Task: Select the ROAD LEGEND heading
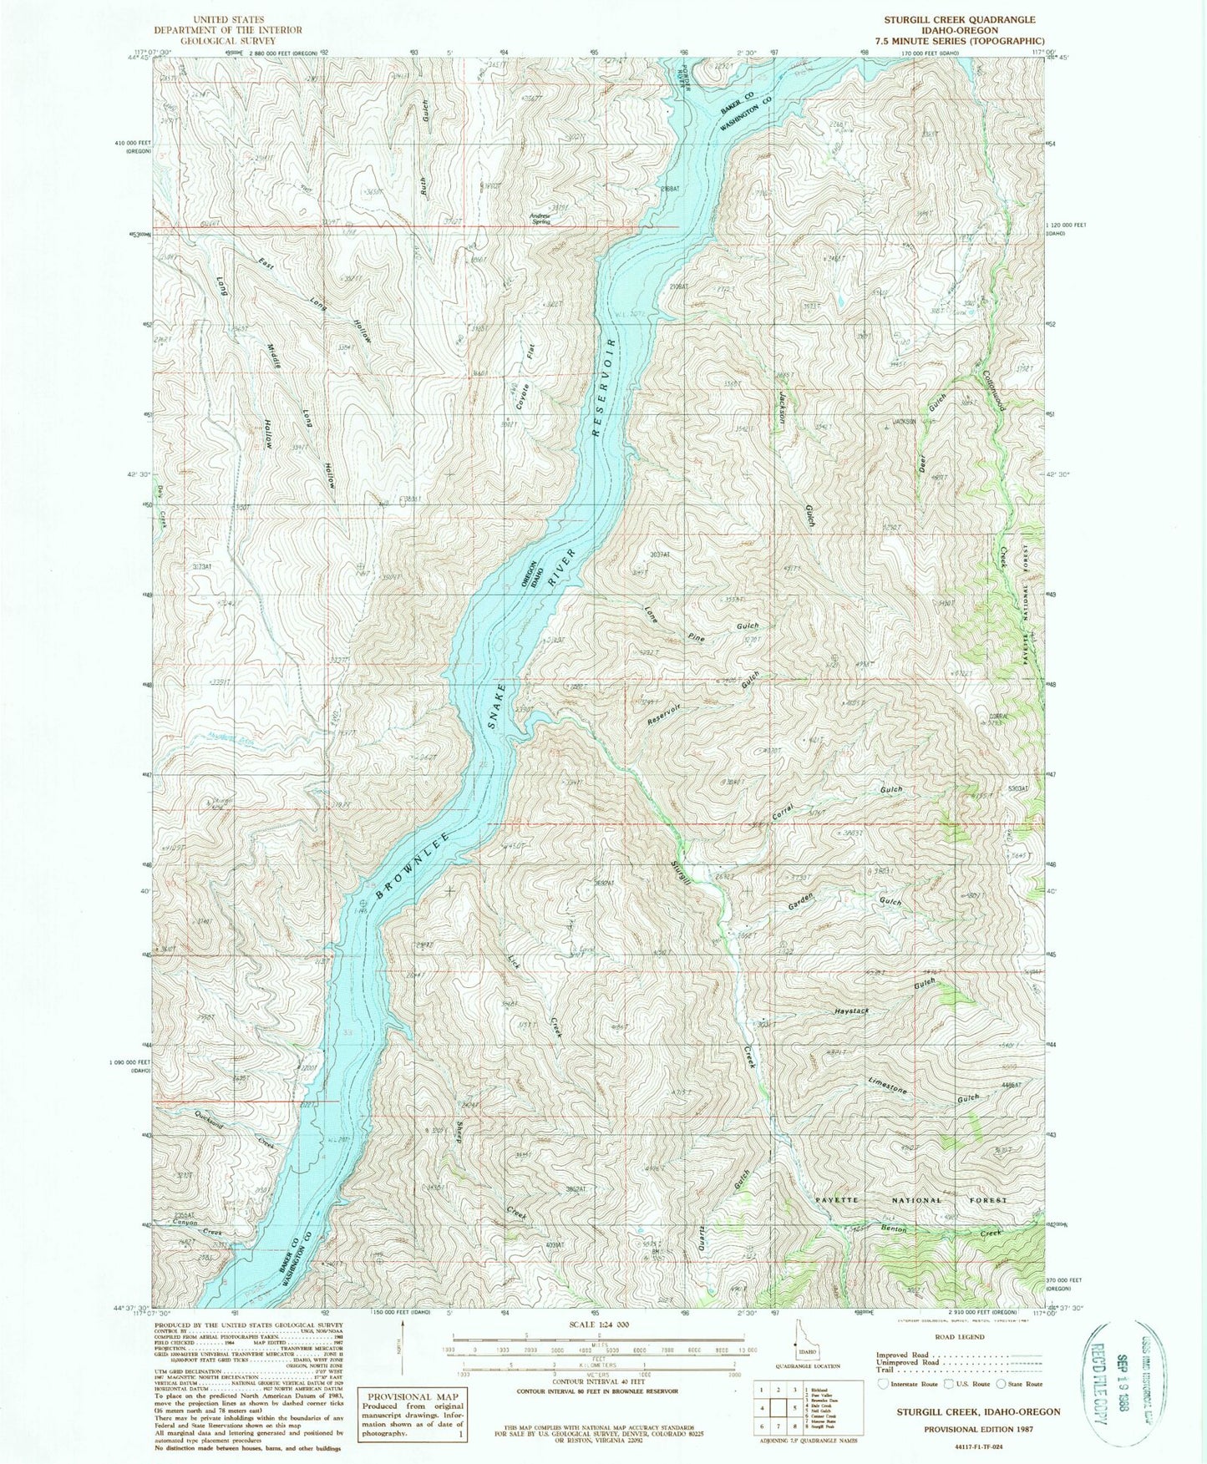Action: coord(961,1336)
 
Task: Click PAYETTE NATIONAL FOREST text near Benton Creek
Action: coord(910,1200)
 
